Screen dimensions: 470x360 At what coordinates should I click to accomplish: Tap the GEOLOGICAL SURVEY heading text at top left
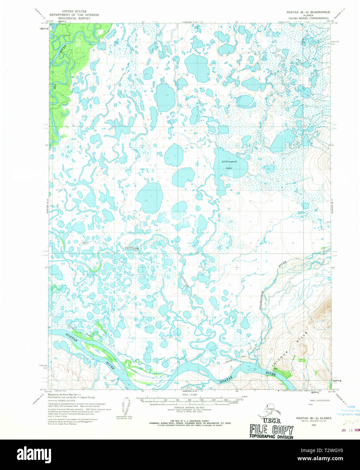(x=74, y=19)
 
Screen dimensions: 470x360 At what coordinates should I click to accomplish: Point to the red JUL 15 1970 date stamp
(x=350, y=430)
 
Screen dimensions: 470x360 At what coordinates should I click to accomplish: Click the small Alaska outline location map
(x=270, y=411)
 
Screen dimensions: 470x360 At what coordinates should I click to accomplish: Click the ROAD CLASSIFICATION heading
(x=319, y=400)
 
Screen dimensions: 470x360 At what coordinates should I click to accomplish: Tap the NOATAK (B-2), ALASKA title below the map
(x=314, y=418)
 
